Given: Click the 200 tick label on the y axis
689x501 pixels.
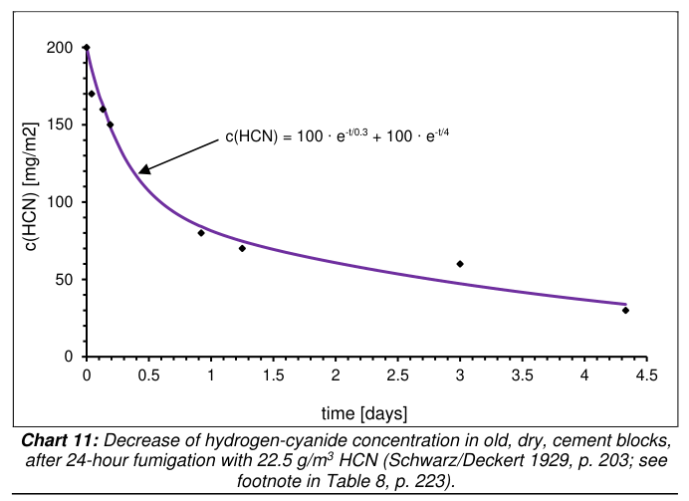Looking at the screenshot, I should click(61, 48).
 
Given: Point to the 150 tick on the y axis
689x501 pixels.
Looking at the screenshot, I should click(61, 125).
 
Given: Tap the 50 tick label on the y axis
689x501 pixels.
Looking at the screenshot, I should click(65, 279).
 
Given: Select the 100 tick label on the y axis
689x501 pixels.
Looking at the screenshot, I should click(61, 202).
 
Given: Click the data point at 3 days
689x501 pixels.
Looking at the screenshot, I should click(460, 264).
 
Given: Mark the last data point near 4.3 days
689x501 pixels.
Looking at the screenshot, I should click(625, 310).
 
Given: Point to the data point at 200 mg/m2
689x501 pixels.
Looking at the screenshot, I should click(87, 48).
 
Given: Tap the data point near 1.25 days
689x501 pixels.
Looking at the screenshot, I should click(242, 248).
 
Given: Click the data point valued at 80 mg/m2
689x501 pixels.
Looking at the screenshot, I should click(201, 233).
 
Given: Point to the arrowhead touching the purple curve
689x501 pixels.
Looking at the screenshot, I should click(143, 170).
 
